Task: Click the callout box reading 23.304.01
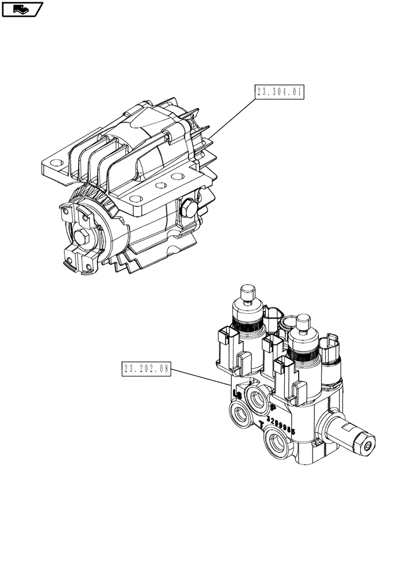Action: coord(278,92)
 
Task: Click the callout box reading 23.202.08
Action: coord(147,368)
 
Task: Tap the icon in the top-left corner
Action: coord(22,9)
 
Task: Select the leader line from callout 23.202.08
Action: coord(202,379)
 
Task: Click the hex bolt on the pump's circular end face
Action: coord(81,238)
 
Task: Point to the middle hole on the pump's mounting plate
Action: coord(162,186)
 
